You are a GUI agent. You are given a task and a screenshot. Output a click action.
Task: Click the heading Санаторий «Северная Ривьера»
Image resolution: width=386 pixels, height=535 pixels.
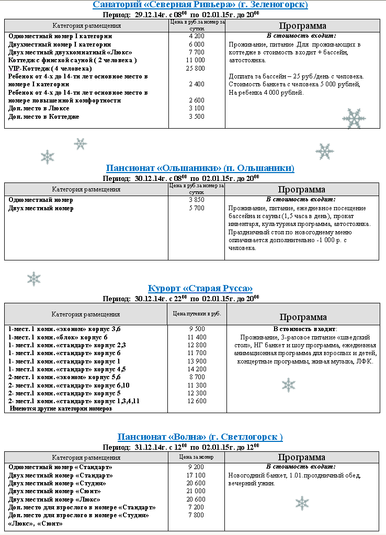(200, 5)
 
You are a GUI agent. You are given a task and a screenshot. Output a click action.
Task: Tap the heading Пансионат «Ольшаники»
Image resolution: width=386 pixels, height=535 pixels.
(200, 168)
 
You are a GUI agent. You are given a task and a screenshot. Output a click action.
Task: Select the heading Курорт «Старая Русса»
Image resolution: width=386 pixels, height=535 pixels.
(200, 288)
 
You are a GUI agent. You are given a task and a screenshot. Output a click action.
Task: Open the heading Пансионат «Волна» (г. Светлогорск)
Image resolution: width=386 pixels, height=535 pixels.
(200, 437)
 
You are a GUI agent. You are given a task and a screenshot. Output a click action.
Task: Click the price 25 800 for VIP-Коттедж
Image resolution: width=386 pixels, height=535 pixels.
(196, 69)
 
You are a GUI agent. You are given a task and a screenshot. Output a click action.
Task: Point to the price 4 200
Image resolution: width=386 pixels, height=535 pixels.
(196, 36)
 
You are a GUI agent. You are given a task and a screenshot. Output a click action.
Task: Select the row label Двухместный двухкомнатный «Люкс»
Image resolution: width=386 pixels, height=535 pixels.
(70, 52)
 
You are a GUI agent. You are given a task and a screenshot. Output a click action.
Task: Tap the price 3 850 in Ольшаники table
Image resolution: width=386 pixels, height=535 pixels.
(196, 200)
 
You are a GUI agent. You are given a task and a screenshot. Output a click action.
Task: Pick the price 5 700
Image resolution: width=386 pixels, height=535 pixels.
(196, 208)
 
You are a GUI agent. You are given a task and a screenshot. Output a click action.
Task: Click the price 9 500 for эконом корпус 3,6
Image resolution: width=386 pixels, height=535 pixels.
(196, 329)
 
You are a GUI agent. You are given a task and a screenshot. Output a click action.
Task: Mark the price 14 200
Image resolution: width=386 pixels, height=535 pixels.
(196, 369)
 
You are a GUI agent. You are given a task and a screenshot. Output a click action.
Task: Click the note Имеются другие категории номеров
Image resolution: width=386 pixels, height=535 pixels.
(61, 408)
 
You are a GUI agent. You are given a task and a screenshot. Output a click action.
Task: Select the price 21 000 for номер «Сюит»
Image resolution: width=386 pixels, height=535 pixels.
(196, 491)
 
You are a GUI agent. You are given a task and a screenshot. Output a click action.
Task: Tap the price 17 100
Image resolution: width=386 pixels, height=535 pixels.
(196, 475)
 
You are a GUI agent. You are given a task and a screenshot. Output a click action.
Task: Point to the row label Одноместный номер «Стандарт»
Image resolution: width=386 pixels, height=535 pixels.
(60, 467)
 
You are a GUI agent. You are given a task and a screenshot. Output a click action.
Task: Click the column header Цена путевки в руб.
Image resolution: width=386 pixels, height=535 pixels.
(197, 314)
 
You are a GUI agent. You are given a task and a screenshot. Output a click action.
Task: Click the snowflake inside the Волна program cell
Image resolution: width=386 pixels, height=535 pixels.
(302, 503)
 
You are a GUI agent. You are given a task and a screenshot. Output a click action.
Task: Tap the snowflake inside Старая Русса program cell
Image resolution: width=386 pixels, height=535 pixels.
(289, 385)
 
